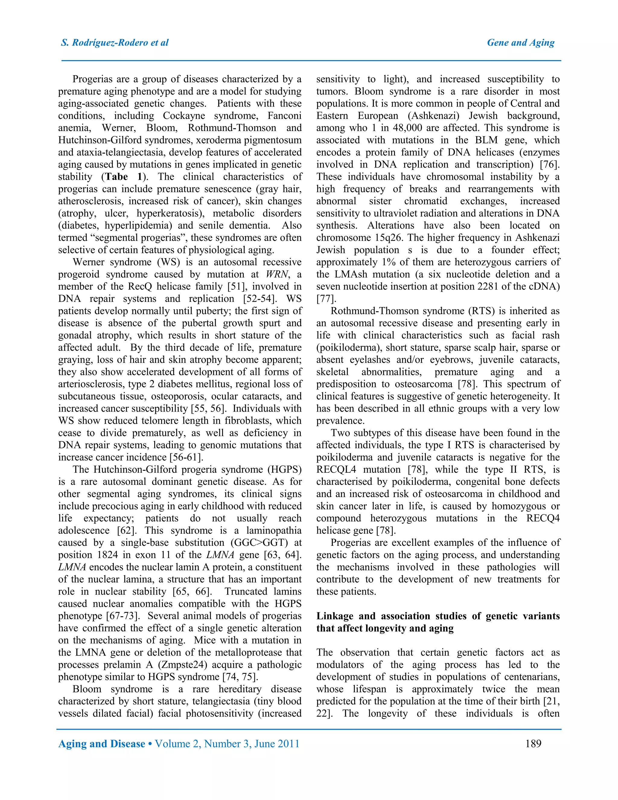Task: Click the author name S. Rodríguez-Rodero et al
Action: (x=115, y=43)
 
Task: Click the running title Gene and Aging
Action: (x=520, y=43)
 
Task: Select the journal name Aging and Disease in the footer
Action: (x=102, y=744)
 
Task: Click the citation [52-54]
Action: (x=259, y=299)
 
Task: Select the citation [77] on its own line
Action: (x=326, y=299)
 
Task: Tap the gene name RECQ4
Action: (x=543, y=518)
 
